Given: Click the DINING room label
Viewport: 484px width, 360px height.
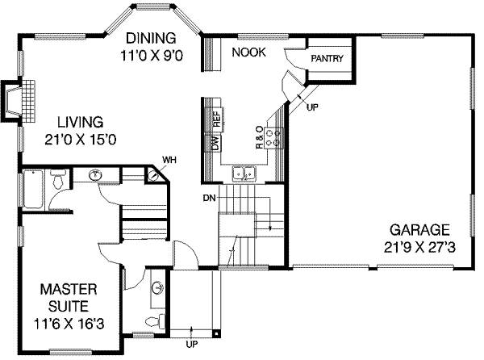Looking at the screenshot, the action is [x=152, y=38].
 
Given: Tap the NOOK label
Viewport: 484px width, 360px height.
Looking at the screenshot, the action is [x=248, y=52].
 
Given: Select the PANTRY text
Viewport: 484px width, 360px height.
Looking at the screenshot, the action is [x=327, y=58].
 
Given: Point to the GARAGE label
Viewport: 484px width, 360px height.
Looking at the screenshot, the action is [x=419, y=230].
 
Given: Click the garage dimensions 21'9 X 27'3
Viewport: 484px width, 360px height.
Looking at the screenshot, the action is [x=419, y=247].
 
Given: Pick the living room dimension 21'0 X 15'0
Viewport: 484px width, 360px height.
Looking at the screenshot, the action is [x=80, y=140].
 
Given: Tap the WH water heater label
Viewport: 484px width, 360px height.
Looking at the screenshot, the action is [x=169, y=161].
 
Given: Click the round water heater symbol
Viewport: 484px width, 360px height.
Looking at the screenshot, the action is [x=152, y=176].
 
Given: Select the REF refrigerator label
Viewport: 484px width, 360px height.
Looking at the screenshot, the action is [x=217, y=119].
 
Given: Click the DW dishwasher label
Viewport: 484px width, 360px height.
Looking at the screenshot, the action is [x=216, y=143].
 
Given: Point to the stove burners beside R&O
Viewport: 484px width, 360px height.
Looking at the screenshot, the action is [x=274, y=138].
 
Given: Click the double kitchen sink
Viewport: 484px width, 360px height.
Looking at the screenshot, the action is [x=244, y=174].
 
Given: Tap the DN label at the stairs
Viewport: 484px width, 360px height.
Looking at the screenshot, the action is [x=209, y=198].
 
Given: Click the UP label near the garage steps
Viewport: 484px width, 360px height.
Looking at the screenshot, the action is [x=312, y=107].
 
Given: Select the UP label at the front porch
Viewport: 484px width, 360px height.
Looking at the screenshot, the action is [x=192, y=344].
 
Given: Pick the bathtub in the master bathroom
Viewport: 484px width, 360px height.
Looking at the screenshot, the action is [x=33, y=189].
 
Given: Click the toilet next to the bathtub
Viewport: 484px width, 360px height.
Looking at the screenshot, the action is [x=58, y=179].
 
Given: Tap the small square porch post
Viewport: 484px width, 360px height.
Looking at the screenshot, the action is [x=217, y=333].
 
